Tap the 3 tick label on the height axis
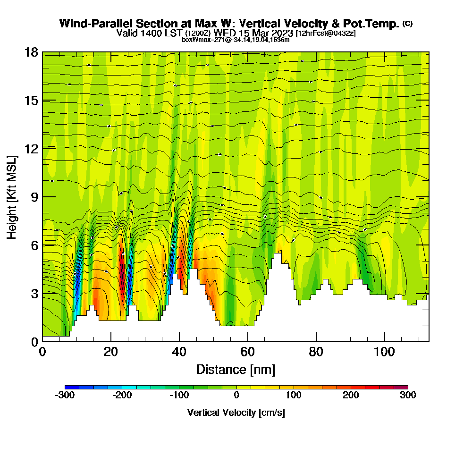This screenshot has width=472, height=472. [x=34, y=293]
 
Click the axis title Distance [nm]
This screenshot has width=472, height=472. [x=236, y=369]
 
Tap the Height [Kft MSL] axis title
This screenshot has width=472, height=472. [x=12, y=196]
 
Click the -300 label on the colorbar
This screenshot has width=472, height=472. [x=65, y=395]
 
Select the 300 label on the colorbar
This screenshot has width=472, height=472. [x=408, y=395]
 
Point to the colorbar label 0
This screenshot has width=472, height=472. [x=236, y=395]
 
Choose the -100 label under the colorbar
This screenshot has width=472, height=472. [x=179, y=395]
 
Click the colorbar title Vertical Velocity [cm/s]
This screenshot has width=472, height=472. [x=236, y=413]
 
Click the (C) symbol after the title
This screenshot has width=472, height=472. [x=407, y=24]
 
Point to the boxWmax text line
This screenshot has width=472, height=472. [x=236, y=40]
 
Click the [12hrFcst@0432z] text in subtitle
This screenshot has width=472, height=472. [x=326, y=34]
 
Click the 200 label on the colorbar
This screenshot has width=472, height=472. [x=351, y=395]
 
